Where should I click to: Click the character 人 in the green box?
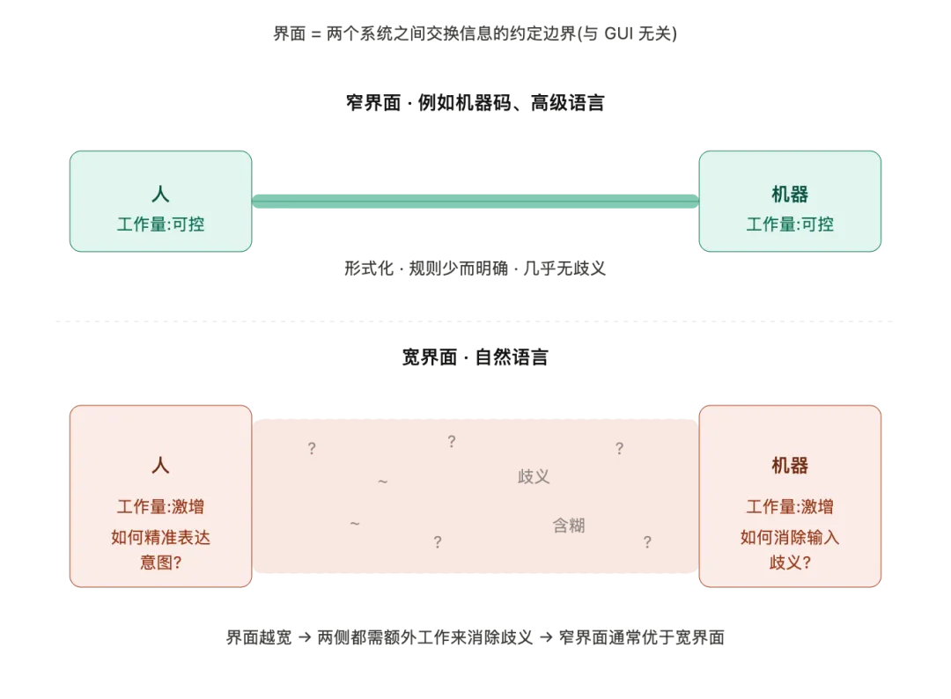(160, 195)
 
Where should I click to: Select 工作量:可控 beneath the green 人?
(160, 224)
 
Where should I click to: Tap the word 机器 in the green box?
(790, 195)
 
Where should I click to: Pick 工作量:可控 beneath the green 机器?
(790, 224)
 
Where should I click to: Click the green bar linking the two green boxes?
(475, 202)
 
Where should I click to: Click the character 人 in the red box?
(160, 466)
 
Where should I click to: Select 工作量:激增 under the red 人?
(160, 507)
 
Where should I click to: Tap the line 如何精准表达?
(160, 537)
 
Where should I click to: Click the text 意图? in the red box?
(160, 562)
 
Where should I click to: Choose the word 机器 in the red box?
(790, 466)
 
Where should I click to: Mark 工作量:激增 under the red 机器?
(790, 507)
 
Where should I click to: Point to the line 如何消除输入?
(790, 537)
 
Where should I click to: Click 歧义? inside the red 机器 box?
(790, 562)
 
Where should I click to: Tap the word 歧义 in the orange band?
(534, 477)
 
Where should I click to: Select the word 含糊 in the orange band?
(568, 526)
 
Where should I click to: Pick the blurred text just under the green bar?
(475, 270)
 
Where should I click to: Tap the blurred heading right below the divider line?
(475, 356)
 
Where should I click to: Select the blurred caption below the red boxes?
(475, 637)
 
